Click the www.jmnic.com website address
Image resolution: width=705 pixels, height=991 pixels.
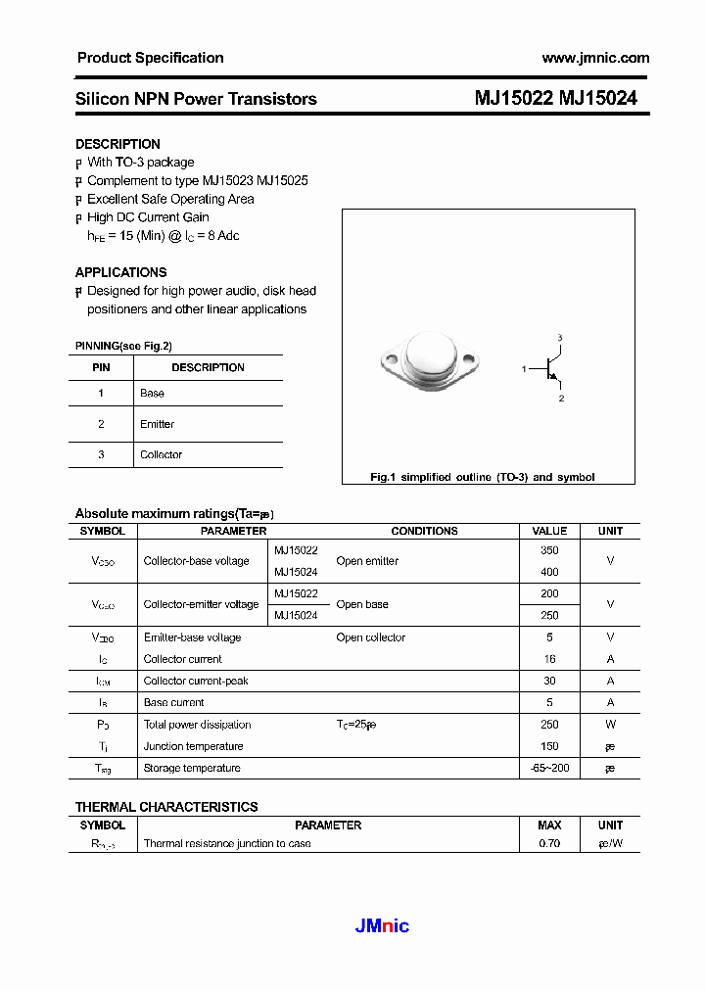coord(594,58)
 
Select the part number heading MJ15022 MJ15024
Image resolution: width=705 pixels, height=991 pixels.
coord(555,98)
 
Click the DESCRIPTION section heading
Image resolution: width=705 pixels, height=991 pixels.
coord(117,144)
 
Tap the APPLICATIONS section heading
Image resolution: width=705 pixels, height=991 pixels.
coord(120,272)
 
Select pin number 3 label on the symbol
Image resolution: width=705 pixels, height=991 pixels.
coord(560,338)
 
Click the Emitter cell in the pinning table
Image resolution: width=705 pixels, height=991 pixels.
coord(157,424)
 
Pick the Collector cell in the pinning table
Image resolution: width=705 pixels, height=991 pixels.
coord(161,454)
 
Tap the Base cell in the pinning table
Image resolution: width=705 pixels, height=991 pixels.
coord(152,393)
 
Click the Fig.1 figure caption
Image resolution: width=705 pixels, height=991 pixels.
coord(482,477)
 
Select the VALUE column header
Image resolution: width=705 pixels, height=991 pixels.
coord(549,531)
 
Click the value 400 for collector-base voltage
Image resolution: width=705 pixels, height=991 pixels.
coord(549,572)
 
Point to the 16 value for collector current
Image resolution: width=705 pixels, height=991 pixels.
coord(549,659)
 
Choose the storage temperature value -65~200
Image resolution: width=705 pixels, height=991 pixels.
coord(549,768)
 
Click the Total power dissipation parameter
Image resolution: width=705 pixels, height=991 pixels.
coord(197,725)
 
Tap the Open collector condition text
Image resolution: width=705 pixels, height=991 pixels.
coord(370,637)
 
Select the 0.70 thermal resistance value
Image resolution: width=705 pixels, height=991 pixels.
coord(549,843)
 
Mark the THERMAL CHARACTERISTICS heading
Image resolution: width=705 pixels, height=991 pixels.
coord(166,807)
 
